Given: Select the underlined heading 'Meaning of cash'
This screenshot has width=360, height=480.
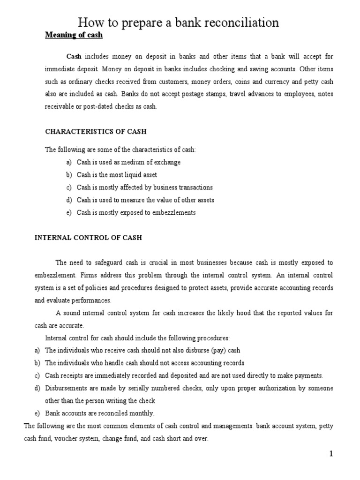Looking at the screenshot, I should pos(74,36).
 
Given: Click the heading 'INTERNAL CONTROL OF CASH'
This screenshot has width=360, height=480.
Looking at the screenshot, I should pos(88,238).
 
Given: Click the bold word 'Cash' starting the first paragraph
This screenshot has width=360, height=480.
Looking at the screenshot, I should pos(74,56).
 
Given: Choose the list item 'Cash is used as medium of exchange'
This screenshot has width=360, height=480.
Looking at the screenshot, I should pos(128,162).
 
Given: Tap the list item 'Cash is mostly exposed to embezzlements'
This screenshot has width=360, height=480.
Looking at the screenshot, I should pos(136,212).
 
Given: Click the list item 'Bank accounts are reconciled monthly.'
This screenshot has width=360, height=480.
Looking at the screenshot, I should pos(99,413).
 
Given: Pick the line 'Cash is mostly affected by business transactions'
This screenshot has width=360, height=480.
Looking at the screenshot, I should pos(144,187).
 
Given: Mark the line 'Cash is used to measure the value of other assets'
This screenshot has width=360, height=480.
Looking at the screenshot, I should pos(145,200).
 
